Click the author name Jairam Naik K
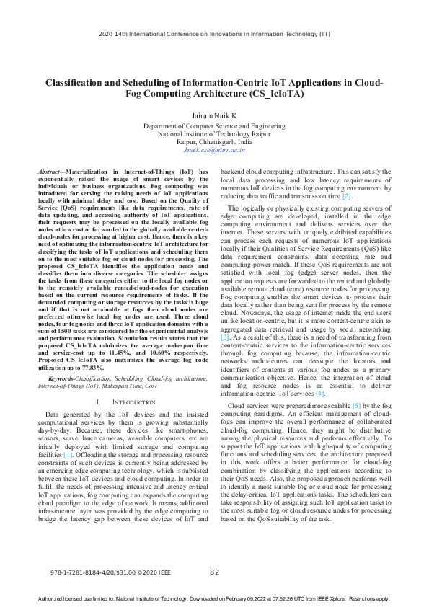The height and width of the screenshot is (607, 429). point(214,115)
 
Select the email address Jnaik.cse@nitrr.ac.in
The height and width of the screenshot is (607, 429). point(214,150)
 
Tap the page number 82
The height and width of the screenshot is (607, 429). point(214,572)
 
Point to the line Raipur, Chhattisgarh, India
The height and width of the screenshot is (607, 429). point(214,142)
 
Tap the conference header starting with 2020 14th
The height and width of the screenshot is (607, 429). point(214,33)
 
